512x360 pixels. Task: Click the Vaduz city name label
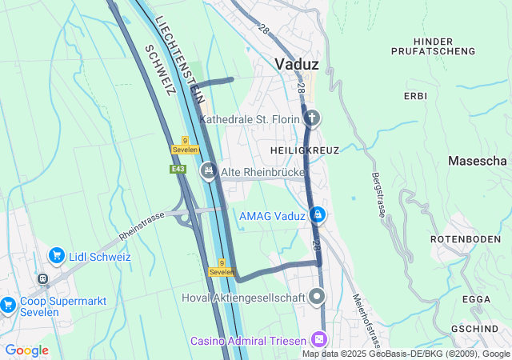(x=297, y=64)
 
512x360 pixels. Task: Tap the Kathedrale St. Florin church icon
(x=312, y=119)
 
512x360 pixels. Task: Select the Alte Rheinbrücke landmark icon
(x=209, y=170)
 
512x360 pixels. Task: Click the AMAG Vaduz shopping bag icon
(x=318, y=215)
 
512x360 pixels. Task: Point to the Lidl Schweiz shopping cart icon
(x=56, y=256)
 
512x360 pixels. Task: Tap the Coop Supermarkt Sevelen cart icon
(x=7, y=305)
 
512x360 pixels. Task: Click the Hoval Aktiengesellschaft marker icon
(x=318, y=298)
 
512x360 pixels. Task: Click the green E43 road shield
(x=178, y=170)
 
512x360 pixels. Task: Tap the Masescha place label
(x=478, y=161)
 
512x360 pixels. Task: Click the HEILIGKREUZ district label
(x=304, y=150)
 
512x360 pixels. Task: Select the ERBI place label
(x=415, y=96)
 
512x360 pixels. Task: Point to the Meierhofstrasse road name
(x=363, y=315)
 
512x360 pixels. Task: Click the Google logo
(x=26, y=350)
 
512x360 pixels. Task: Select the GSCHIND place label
(x=475, y=330)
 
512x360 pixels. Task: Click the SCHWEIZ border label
(x=160, y=70)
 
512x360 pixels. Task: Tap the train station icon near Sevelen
(x=42, y=279)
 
